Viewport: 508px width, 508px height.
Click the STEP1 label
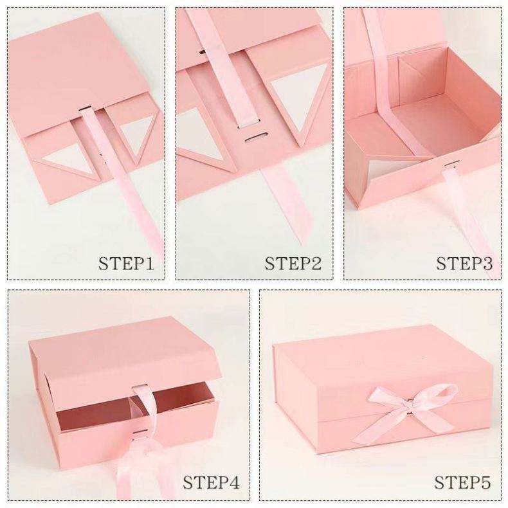pyautogui.click(x=126, y=264)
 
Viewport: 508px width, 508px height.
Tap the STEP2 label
pyautogui.click(x=293, y=264)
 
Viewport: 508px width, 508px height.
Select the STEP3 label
pyautogui.click(x=464, y=264)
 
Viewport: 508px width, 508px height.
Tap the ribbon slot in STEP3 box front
pyautogui.click(x=453, y=163)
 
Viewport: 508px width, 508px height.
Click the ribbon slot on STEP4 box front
pyautogui.click(x=140, y=432)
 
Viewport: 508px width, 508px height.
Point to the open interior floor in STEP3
pyautogui.click(x=431, y=123)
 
